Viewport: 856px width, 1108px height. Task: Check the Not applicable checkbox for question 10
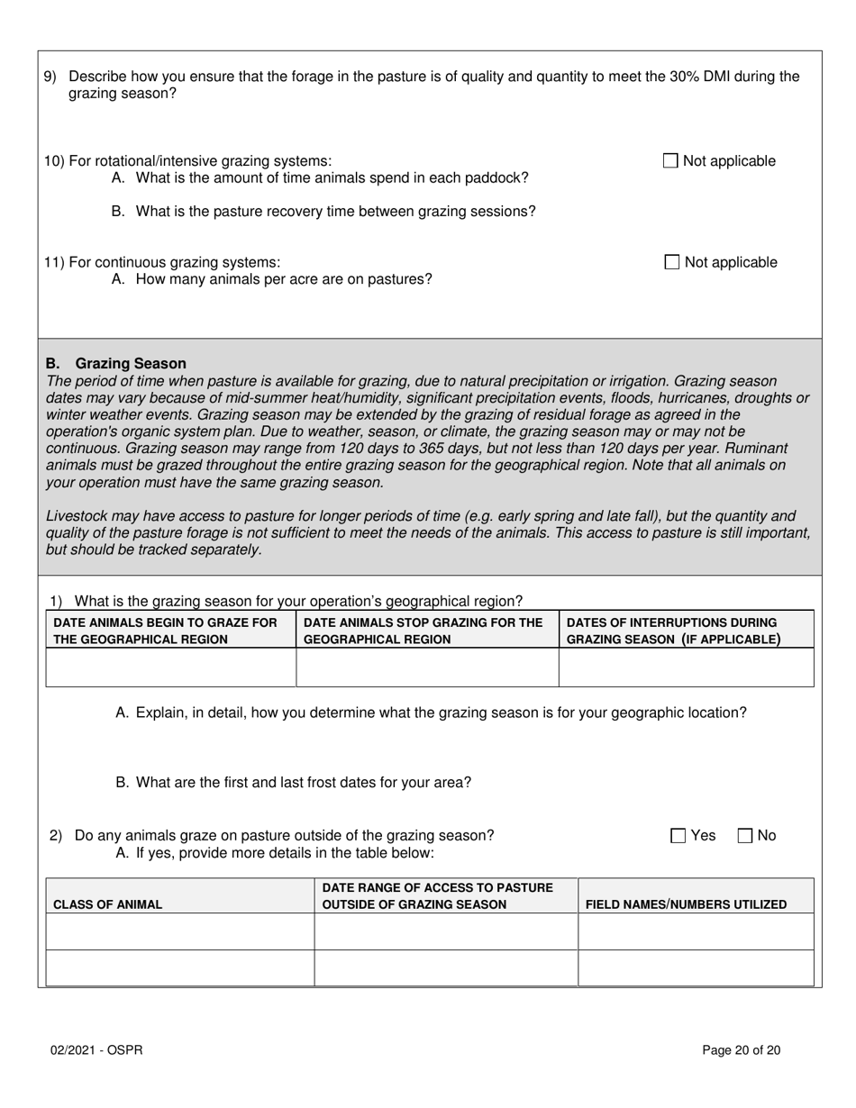(x=670, y=161)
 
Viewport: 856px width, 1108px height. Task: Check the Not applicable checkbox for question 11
(x=671, y=262)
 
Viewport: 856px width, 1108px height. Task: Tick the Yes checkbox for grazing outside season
(x=678, y=836)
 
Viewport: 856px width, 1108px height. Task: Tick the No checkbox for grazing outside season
(x=745, y=836)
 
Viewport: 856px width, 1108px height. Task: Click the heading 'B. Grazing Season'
(x=116, y=363)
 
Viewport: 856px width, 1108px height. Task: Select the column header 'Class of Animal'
(x=108, y=904)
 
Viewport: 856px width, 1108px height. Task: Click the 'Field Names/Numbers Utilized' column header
(x=686, y=904)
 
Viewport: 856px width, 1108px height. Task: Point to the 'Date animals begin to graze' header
(x=166, y=631)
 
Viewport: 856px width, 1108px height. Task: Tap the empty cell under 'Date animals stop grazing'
(x=427, y=668)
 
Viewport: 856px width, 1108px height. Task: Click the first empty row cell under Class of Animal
(x=179, y=931)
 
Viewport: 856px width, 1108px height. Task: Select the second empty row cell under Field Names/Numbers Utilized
(x=695, y=967)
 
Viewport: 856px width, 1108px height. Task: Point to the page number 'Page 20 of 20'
(x=741, y=1049)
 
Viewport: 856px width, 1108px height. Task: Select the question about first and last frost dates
(x=293, y=782)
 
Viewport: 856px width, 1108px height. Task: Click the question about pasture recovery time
(x=323, y=212)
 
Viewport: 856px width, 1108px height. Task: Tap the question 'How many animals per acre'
(x=271, y=279)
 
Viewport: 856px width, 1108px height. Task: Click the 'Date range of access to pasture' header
(x=438, y=896)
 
